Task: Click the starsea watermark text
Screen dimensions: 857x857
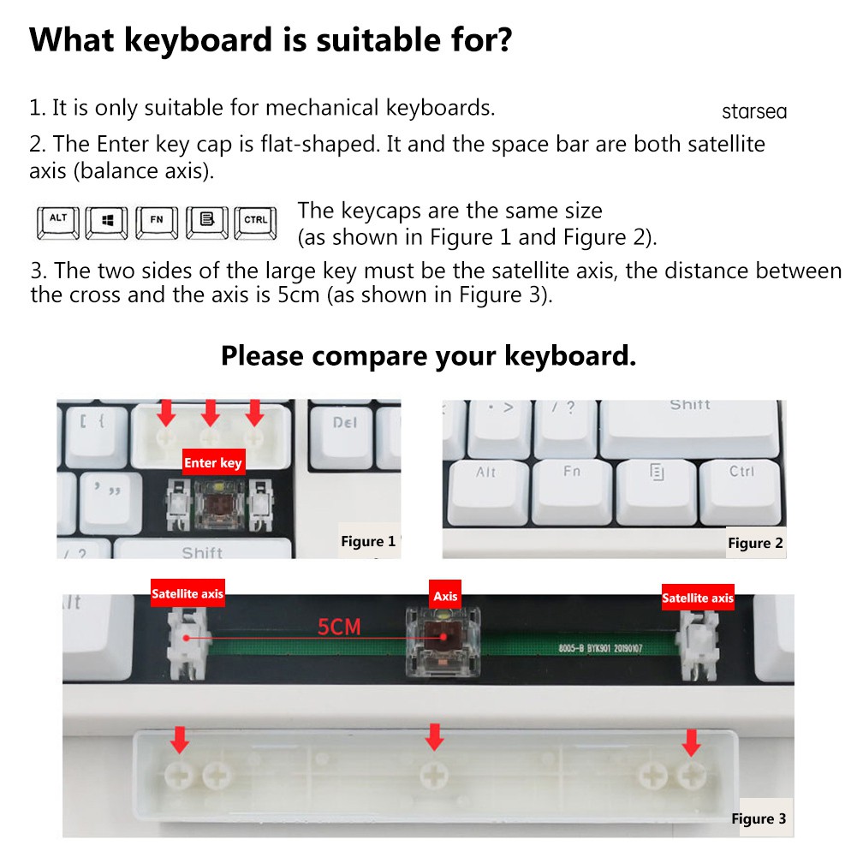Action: click(754, 111)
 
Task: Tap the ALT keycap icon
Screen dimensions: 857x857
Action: click(58, 223)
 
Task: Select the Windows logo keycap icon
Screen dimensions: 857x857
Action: click(106, 223)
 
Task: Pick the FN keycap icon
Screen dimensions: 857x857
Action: click(157, 223)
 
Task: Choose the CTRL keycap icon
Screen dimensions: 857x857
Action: click(255, 223)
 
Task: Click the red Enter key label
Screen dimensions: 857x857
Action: click(213, 462)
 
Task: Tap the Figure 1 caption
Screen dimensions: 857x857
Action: click(368, 541)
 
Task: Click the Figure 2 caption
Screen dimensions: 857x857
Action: click(755, 543)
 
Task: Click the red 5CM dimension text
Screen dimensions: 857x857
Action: click(339, 627)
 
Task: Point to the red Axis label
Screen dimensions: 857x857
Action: click(445, 596)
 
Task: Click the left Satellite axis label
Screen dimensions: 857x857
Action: click(187, 593)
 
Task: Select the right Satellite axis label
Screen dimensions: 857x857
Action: click(698, 598)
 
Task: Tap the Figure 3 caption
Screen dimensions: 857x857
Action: click(759, 818)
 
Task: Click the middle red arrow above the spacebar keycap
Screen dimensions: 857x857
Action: click(435, 737)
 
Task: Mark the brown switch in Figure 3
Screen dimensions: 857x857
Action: click(443, 641)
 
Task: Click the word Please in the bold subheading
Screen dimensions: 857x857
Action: click(262, 356)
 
